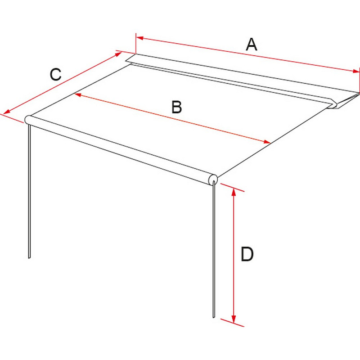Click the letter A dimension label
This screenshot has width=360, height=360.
252,45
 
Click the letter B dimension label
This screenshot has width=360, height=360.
177,107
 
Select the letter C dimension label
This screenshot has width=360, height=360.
56,74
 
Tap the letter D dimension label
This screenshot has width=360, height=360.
247,254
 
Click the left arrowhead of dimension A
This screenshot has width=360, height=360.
140,38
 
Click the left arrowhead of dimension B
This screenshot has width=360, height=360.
78,94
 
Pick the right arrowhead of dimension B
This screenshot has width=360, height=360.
267,142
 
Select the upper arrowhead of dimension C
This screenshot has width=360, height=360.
118,54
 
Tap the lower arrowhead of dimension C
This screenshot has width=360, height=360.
6,112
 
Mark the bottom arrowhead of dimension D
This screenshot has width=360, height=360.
234,319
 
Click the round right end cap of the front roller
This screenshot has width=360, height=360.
213,179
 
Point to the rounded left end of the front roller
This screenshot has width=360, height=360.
28,120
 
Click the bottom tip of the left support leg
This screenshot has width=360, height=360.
29,258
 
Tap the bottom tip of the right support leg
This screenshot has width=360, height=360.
214,317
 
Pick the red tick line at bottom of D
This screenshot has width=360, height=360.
232,323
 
